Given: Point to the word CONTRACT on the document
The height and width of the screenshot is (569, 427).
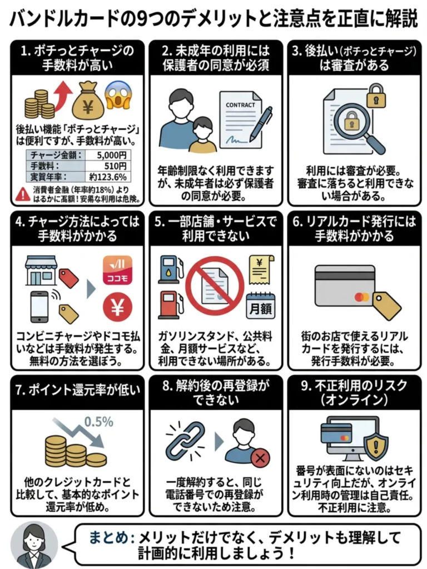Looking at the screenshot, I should click(240, 104).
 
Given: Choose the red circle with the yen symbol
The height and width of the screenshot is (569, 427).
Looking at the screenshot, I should click(117, 308).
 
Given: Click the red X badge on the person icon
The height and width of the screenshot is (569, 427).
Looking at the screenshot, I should click(260, 458).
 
